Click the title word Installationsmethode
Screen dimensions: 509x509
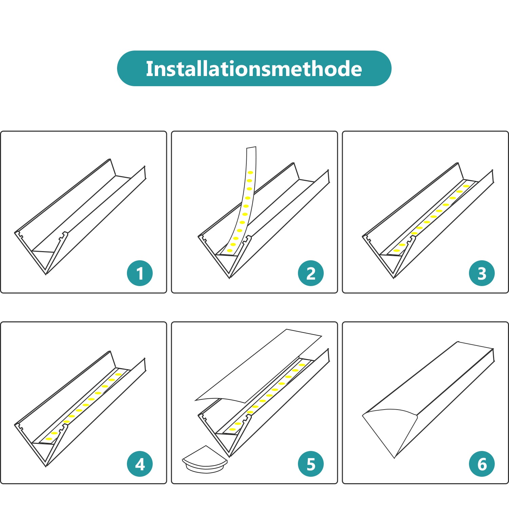(x=254, y=69)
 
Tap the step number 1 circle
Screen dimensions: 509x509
(x=140, y=273)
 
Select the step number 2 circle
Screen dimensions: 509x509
(x=311, y=273)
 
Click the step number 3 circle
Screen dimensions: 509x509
(x=482, y=273)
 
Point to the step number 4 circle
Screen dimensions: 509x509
(x=140, y=464)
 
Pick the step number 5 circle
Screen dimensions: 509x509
(x=311, y=464)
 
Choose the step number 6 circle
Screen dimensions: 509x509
(x=482, y=464)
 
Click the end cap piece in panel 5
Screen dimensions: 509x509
(x=205, y=460)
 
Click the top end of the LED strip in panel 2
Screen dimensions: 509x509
(x=251, y=148)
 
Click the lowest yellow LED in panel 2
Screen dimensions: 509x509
(x=230, y=250)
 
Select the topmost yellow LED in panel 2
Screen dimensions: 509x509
(x=250, y=173)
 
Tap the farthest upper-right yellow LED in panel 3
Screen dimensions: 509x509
(x=466, y=186)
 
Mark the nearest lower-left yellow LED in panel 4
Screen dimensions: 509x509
(x=49, y=439)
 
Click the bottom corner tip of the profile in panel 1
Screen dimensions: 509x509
(x=46, y=274)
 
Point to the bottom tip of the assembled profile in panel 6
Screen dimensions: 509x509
(x=394, y=458)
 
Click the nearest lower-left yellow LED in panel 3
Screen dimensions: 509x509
(x=397, y=250)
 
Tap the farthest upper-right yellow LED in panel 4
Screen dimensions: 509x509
(x=118, y=374)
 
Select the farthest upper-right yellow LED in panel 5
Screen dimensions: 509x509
(x=302, y=365)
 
